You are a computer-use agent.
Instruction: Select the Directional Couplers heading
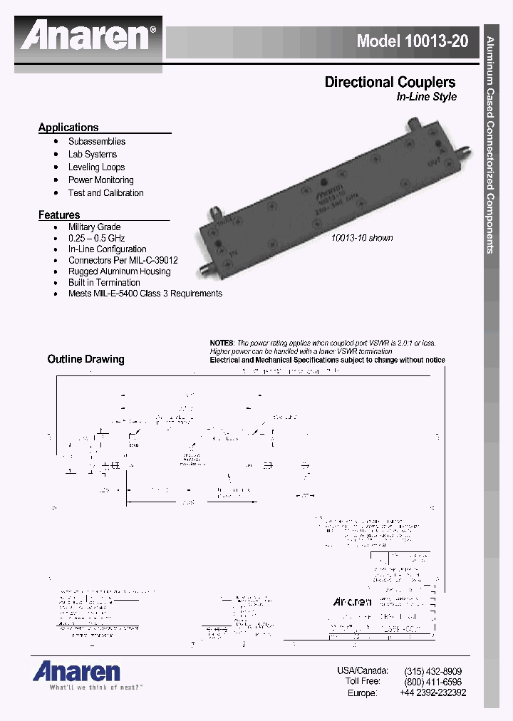point(390,82)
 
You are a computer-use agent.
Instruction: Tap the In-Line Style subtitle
point(426,97)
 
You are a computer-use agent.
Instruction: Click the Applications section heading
point(68,128)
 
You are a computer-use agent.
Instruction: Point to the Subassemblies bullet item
point(97,142)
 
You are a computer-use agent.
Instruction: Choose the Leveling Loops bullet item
point(96,167)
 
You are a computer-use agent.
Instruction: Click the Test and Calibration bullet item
point(105,193)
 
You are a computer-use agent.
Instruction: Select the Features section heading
point(59,215)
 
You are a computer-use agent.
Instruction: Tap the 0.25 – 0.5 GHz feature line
point(99,238)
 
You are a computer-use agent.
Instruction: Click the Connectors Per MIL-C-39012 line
point(123,260)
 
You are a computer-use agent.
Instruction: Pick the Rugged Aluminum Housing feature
point(119,271)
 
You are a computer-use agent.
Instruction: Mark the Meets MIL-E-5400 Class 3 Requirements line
point(145,294)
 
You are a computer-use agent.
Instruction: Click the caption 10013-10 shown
point(362,238)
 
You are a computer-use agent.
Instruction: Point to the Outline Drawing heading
point(85,359)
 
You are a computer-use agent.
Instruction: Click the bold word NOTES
point(222,343)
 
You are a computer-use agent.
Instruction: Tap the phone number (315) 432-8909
point(432,671)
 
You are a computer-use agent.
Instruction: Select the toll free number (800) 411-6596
point(432,682)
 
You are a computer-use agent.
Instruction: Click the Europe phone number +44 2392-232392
point(432,693)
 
